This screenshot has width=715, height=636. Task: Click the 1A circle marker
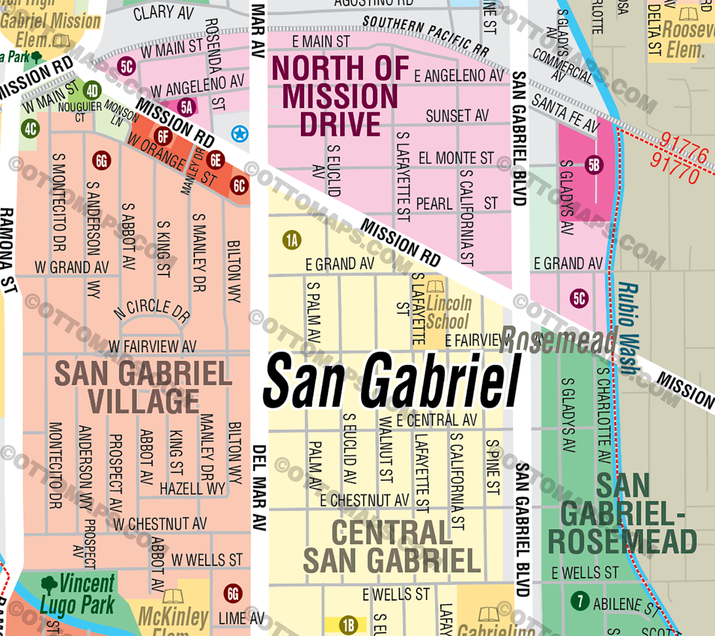(291, 240)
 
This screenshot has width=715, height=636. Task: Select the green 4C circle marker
(30, 128)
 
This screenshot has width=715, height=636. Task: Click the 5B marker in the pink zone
(593, 165)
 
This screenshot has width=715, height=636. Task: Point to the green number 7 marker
(580, 601)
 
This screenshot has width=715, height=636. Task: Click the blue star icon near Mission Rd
(240, 134)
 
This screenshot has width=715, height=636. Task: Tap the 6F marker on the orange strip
(163, 136)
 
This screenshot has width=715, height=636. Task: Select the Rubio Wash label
(628, 328)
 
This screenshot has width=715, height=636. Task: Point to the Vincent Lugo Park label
(77, 594)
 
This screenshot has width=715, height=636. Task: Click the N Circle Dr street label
(152, 310)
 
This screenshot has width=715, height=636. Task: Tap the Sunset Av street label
(457, 115)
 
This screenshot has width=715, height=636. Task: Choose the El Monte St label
(456, 158)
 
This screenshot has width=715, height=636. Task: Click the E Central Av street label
(436, 420)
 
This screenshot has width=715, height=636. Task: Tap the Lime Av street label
(241, 619)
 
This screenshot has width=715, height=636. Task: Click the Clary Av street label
(163, 13)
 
